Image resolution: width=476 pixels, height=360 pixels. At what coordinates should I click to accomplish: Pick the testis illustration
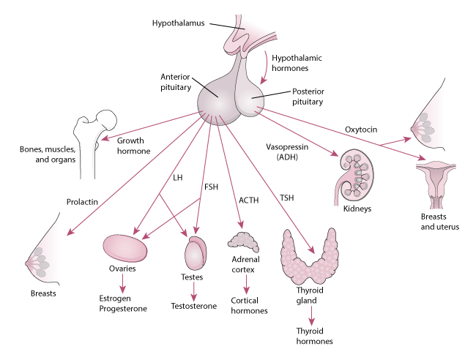[x=196, y=253]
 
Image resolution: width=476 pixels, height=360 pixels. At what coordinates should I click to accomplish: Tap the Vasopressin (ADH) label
[x=279, y=152]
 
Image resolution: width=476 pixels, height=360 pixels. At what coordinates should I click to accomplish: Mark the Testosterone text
[x=194, y=306]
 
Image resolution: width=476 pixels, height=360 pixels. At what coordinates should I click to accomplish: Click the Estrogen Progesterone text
[x=123, y=303]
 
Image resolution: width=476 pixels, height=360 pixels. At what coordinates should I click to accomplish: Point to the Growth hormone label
[x=133, y=147]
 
